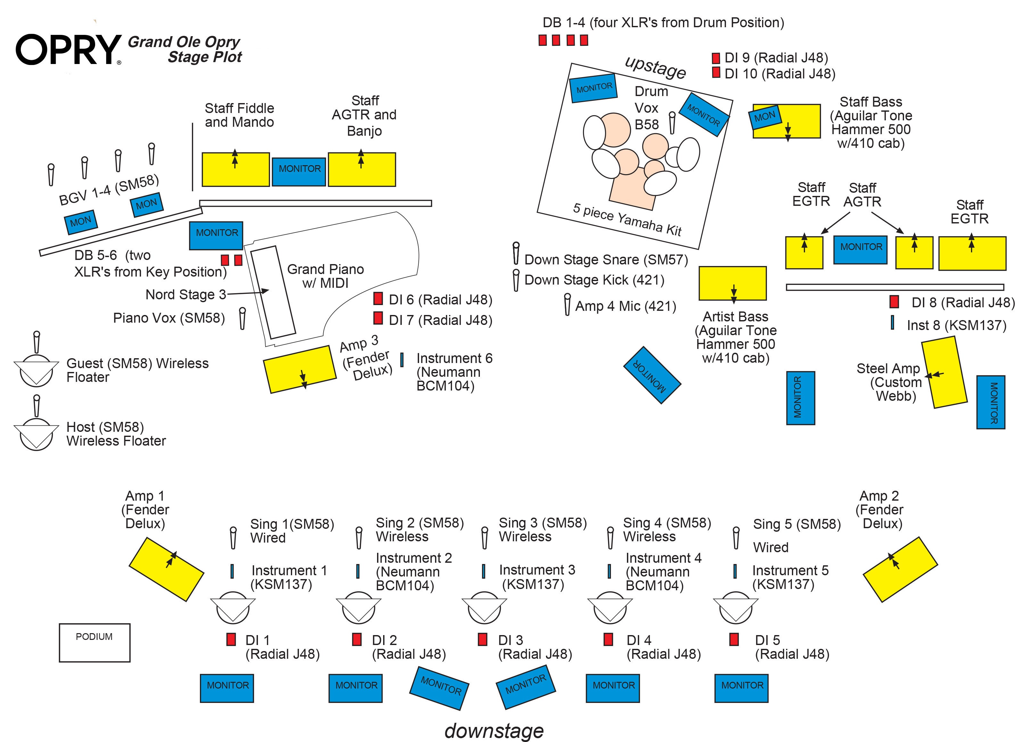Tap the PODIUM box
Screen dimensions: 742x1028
pyautogui.click(x=94, y=642)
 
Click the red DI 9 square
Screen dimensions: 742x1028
pyautogui.click(x=716, y=58)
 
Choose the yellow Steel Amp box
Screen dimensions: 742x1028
pyautogui.click(x=944, y=374)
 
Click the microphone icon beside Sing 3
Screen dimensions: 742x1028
pyautogui.click(x=485, y=537)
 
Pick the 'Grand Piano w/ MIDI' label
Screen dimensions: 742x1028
pyautogui.click(x=325, y=276)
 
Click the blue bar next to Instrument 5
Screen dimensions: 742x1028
pyautogui.click(x=735, y=571)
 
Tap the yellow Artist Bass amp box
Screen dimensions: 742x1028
pyautogui.click(x=732, y=283)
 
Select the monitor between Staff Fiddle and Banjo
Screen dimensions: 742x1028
pyautogui.click(x=299, y=171)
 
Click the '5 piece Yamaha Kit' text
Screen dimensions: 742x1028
pyautogui.click(x=627, y=220)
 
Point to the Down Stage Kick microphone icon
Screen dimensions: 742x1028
pyautogui.click(x=516, y=280)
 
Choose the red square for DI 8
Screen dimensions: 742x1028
pyautogui.click(x=894, y=301)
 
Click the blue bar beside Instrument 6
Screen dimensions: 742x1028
pyautogui.click(x=402, y=360)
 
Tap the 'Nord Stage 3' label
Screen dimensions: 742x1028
pyautogui.click(x=185, y=294)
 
